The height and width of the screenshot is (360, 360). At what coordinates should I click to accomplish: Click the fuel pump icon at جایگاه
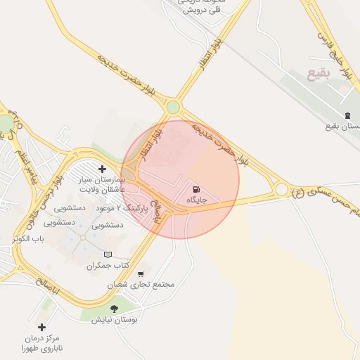(x=195, y=188)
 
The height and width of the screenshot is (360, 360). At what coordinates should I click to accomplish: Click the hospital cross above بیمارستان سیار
(x=103, y=169)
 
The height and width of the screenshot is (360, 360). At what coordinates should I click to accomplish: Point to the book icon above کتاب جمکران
(x=108, y=255)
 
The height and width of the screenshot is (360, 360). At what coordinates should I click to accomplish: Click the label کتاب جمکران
(x=109, y=266)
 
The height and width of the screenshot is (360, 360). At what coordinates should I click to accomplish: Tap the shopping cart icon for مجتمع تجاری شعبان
(x=141, y=274)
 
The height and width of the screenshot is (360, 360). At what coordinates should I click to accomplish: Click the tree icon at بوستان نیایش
(x=114, y=309)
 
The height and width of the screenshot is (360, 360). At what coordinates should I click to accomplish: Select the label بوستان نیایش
(x=115, y=320)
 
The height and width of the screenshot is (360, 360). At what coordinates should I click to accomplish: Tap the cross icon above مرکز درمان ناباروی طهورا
(x=41, y=327)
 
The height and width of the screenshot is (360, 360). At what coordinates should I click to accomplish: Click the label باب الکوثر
(x=28, y=240)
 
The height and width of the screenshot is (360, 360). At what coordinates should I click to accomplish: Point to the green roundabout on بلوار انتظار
(x=172, y=107)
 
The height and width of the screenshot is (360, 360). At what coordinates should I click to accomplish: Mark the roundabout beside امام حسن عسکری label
(x=281, y=189)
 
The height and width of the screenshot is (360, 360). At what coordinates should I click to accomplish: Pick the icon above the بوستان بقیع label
(x=346, y=115)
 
